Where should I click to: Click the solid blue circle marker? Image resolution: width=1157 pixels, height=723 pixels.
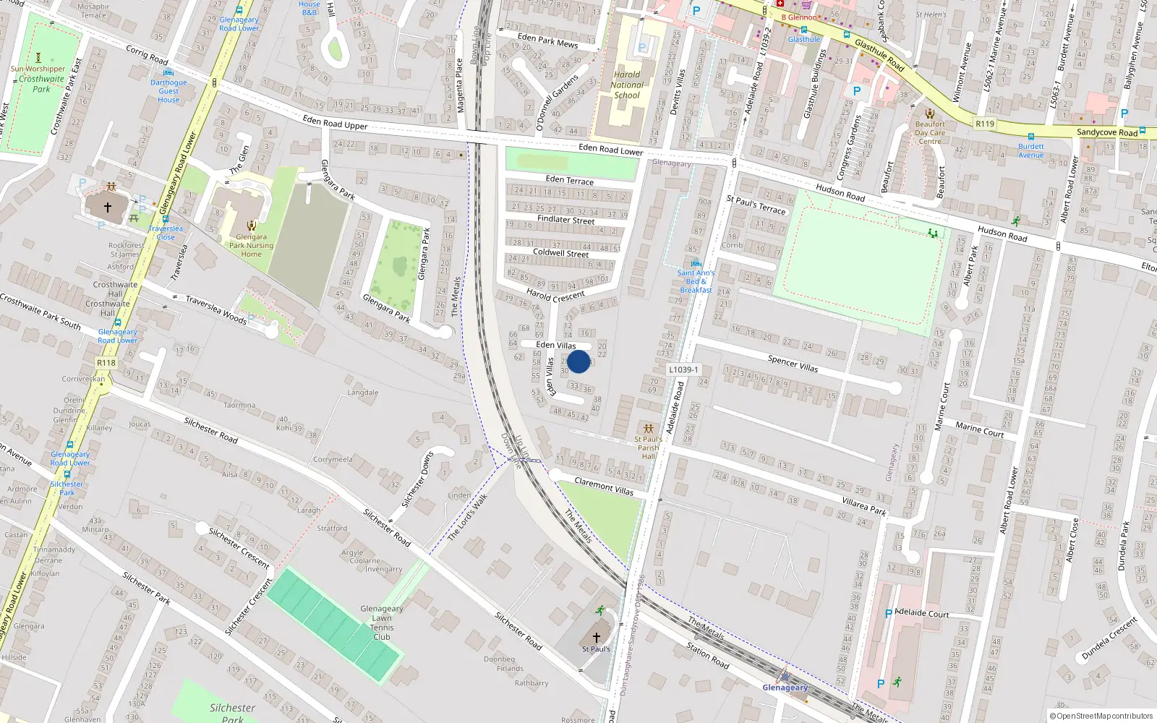click(578, 361)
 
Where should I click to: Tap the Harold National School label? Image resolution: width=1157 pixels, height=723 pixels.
click(627, 85)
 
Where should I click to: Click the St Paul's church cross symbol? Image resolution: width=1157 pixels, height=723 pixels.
click(597, 637)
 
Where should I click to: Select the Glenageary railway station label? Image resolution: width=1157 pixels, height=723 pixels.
click(785, 688)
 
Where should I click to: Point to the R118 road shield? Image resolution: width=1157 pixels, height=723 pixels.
click(106, 363)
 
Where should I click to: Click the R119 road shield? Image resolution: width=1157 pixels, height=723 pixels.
click(985, 124)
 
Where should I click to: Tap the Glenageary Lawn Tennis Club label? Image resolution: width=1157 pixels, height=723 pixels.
click(382, 623)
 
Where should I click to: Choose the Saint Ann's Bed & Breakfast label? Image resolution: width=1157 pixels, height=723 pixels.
click(696, 281)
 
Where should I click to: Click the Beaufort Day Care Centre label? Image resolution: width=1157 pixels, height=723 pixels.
click(930, 132)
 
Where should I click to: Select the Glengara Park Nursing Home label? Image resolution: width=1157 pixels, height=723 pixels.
click(251, 245)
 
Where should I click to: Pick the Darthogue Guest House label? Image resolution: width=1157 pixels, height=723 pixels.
click(168, 91)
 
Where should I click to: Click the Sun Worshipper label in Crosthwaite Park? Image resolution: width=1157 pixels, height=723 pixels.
click(38, 69)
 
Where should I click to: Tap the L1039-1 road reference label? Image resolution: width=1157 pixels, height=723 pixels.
click(683, 369)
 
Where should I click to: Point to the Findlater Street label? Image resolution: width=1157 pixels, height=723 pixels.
click(565, 219)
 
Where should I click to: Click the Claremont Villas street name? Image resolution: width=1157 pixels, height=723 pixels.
click(604, 486)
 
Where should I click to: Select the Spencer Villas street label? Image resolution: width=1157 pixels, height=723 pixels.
click(793, 363)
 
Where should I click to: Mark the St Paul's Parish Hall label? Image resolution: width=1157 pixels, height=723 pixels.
click(648, 447)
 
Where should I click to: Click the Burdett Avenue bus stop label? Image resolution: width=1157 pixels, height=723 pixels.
click(1031, 150)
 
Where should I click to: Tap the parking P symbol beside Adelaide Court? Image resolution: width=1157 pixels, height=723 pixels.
click(889, 614)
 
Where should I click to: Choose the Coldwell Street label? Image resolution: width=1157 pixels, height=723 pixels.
click(560, 253)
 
